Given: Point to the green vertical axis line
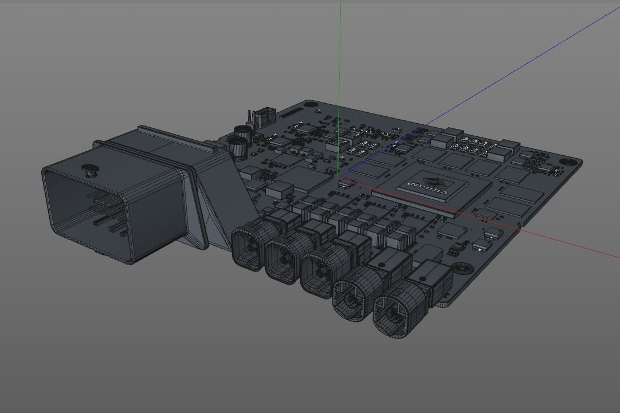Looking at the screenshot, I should click(x=340, y=57).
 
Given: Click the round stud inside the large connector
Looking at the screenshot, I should click(x=89, y=170).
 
